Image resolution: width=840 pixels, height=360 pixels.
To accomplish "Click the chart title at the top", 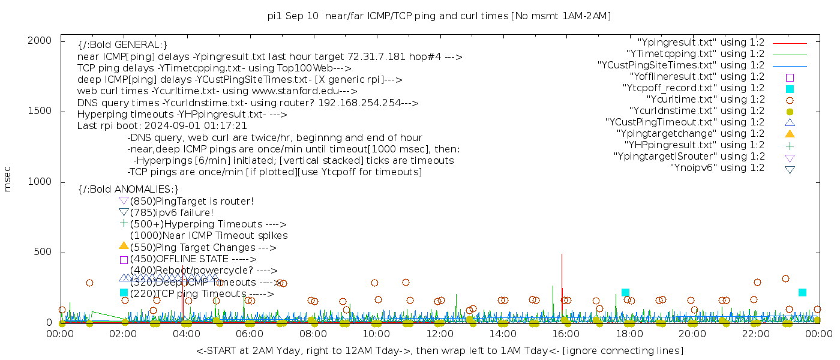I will click(439, 16).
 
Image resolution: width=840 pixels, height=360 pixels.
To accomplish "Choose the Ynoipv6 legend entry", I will click(717, 168).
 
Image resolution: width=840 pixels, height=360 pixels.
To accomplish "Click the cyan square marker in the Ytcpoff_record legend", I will click(790, 89).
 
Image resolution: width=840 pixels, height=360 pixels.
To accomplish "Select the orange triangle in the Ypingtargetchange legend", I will click(790, 134).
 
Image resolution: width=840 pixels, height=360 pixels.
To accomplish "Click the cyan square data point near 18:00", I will click(625, 293).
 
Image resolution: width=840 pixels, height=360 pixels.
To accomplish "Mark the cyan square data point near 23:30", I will click(802, 292).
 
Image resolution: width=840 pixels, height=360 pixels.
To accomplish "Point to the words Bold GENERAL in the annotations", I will click(123, 45).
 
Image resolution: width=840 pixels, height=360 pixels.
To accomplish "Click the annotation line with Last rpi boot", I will click(162, 126).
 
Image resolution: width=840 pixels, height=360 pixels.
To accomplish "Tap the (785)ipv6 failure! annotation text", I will click(172, 212).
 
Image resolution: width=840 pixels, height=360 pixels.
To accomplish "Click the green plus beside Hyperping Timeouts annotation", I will click(124, 224).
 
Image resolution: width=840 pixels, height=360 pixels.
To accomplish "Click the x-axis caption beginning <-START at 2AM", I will click(439, 350).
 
